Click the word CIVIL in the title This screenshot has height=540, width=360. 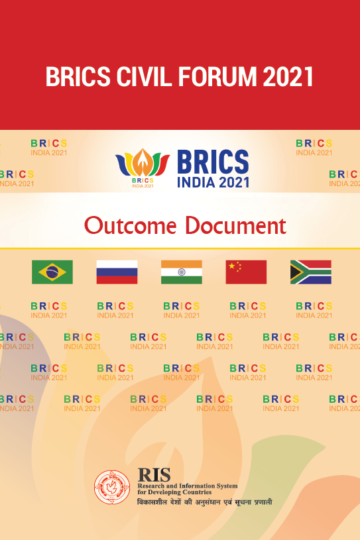(x=144, y=76)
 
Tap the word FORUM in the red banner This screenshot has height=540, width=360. (x=217, y=76)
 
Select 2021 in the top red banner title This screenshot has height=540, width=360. (x=288, y=76)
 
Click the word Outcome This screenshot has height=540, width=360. (x=130, y=226)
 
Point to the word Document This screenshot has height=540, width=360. (x=235, y=226)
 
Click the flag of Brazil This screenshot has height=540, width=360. (x=52, y=272)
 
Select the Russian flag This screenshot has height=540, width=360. (x=117, y=272)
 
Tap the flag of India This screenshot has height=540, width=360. (x=182, y=272)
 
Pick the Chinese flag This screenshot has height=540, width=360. (x=246, y=272)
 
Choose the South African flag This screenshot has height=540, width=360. (x=311, y=272)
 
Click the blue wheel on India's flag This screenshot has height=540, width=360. (x=182, y=272)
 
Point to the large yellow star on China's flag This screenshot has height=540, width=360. (x=232, y=266)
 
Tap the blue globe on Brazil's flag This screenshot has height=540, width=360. (x=52, y=272)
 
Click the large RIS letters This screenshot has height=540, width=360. (x=154, y=475)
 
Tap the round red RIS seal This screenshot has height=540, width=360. (x=112, y=487)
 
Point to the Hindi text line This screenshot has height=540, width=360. (x=205, y=502)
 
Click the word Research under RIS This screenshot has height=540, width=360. (x=151, y=486)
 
